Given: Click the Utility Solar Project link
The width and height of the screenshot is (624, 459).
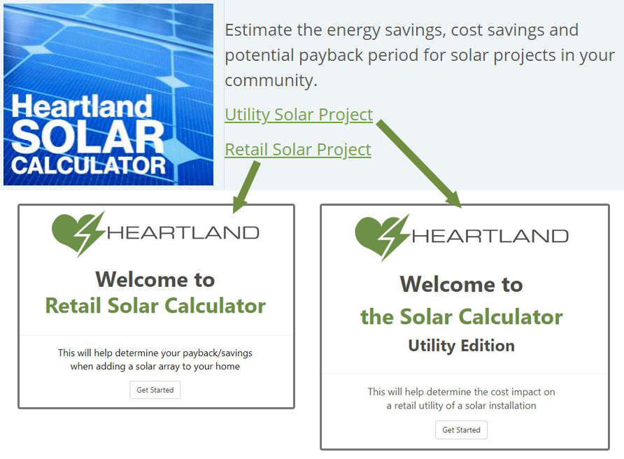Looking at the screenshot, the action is tap(299, 115).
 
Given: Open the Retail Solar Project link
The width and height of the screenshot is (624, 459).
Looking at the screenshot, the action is tap(298, 150).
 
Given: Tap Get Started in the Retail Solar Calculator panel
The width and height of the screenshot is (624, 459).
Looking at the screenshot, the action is tap(155, 390).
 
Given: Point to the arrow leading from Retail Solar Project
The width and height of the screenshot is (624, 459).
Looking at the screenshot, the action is tap(247, 187).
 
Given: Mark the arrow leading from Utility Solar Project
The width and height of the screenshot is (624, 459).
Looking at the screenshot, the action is tap(419, 163).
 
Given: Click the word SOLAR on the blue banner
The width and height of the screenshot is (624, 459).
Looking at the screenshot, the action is tap(88, 136).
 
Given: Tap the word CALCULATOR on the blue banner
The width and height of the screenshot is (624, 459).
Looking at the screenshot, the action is tap(88, 166).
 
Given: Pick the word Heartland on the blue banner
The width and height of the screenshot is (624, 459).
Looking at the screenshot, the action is tap(82, 106).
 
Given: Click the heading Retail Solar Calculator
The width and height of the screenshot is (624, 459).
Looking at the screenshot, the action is tap(155, 306).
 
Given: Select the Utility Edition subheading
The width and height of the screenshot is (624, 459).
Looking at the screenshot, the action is tap(461, 346).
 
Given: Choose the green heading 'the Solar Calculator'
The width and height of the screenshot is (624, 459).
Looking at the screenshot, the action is tap(462, 317).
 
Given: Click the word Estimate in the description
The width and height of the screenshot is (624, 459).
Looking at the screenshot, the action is tap(259, 30).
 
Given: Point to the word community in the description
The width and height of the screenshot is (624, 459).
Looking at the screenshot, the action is tap(271, 80).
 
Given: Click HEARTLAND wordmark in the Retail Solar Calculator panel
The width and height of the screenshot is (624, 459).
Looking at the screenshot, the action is tap(183, 232).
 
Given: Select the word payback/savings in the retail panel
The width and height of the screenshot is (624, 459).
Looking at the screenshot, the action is tap(218, 353).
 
